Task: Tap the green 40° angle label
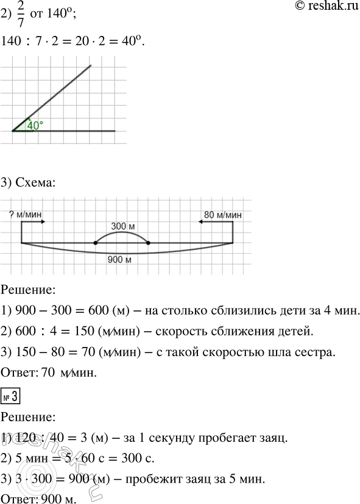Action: click(x=35, y=126)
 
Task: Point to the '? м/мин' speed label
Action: click(x=25, y=214)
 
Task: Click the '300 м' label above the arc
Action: click(x=122, y=226)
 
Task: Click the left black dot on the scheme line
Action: click(x=95, y=243)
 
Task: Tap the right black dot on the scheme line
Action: click(x=149, y=243)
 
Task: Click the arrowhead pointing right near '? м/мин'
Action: click(x=42, y=223)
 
